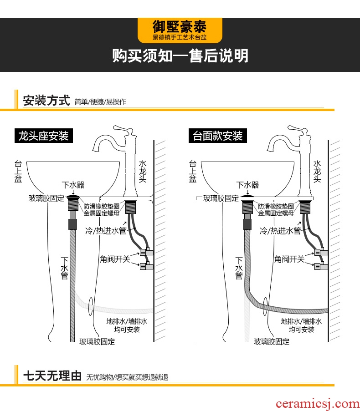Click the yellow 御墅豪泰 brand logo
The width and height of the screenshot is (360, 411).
coord(180,30)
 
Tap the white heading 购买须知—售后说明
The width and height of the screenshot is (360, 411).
coord(180,56)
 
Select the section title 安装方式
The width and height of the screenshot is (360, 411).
coord(46,100)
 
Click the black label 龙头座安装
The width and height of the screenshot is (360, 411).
coord(43,136)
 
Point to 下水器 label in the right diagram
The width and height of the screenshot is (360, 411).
coord(247,185)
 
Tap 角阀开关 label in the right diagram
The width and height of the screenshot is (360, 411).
coord(289,259)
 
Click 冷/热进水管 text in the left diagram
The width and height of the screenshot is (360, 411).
coord(106,231)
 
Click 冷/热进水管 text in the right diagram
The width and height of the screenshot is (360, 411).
coord(280,231)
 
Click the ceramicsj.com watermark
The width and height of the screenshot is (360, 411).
coord(324,403)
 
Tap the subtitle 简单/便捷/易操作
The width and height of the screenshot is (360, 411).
coord(100,102)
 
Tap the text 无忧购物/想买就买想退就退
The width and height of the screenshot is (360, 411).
coord(127,377)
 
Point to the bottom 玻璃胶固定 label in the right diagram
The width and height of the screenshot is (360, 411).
coord(272,341)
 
